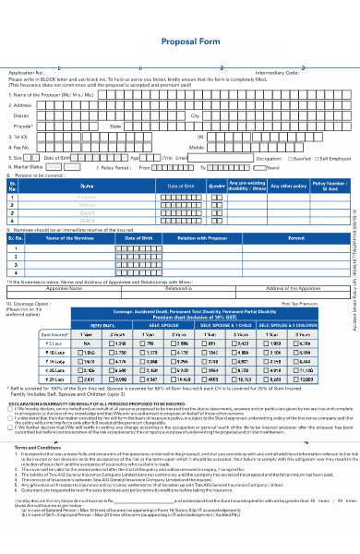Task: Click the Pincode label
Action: pyautogui.click(x=25, y=126)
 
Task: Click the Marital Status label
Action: pyautogui.click(x=27, y=168)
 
